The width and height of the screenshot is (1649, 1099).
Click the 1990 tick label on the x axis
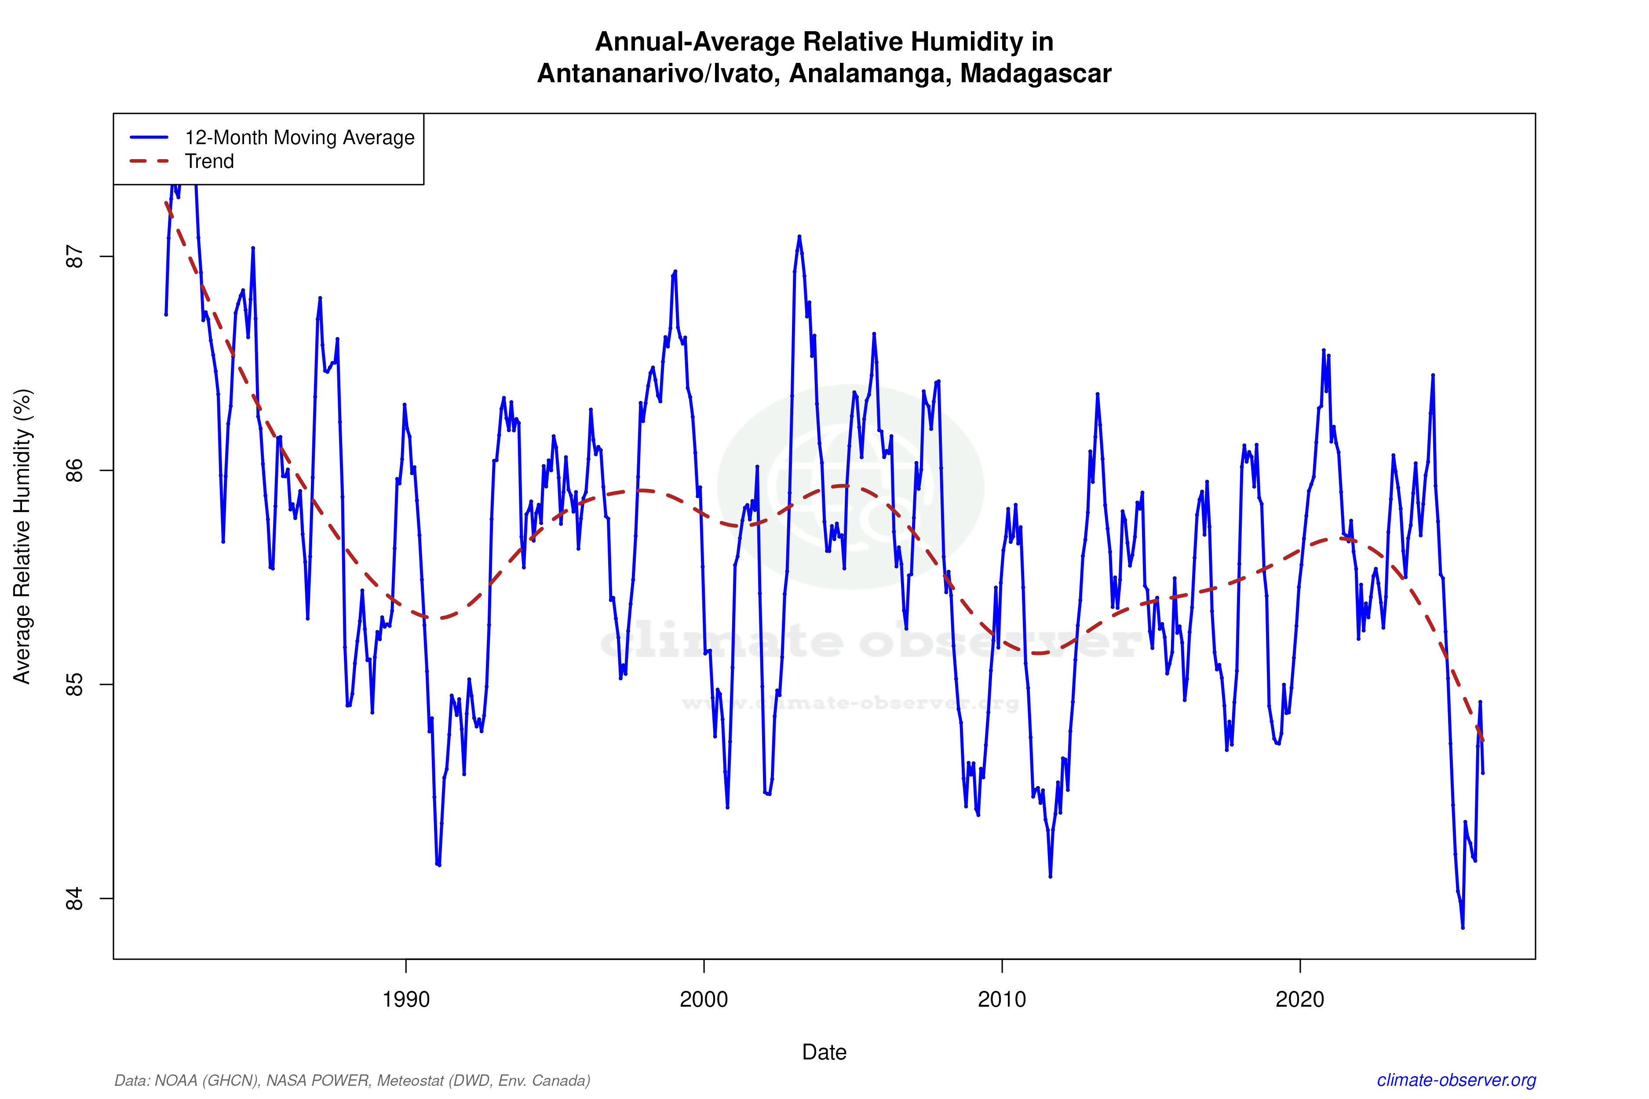tap(405, 999)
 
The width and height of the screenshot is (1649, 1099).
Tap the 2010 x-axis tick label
tap(1002, 999)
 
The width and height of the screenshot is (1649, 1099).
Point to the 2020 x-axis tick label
tap(1300, 999)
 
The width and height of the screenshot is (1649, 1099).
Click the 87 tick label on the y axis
tap(74, 257)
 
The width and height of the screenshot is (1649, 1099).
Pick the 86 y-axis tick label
tap(74, 470)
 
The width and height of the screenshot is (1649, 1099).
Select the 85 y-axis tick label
tap(74, 685)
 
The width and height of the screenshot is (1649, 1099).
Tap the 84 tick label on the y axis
tap(74, 899)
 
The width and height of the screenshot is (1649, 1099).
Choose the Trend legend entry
tap(209, 161)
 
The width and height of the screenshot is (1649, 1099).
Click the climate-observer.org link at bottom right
tap(1456, 1080)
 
